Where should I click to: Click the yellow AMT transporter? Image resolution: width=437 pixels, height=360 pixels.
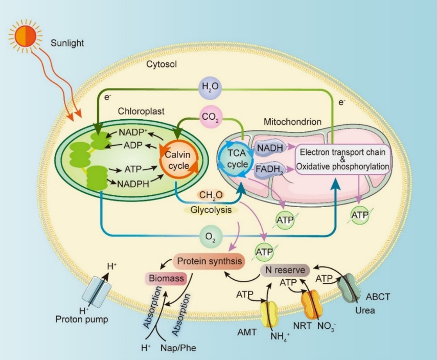[269, 313]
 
